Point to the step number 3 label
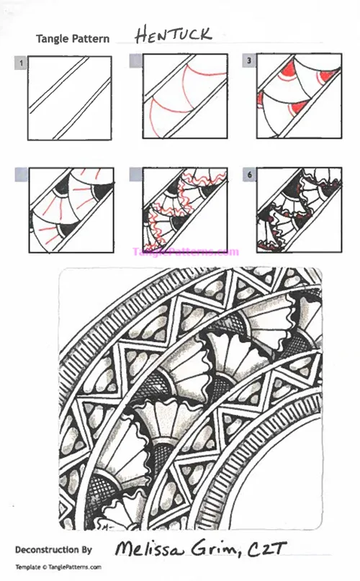click(x=249, y=62)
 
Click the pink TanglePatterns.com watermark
click(x=185, y=252)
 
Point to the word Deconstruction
click(x=48, y=550)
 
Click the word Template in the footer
click(x=28, y=567)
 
